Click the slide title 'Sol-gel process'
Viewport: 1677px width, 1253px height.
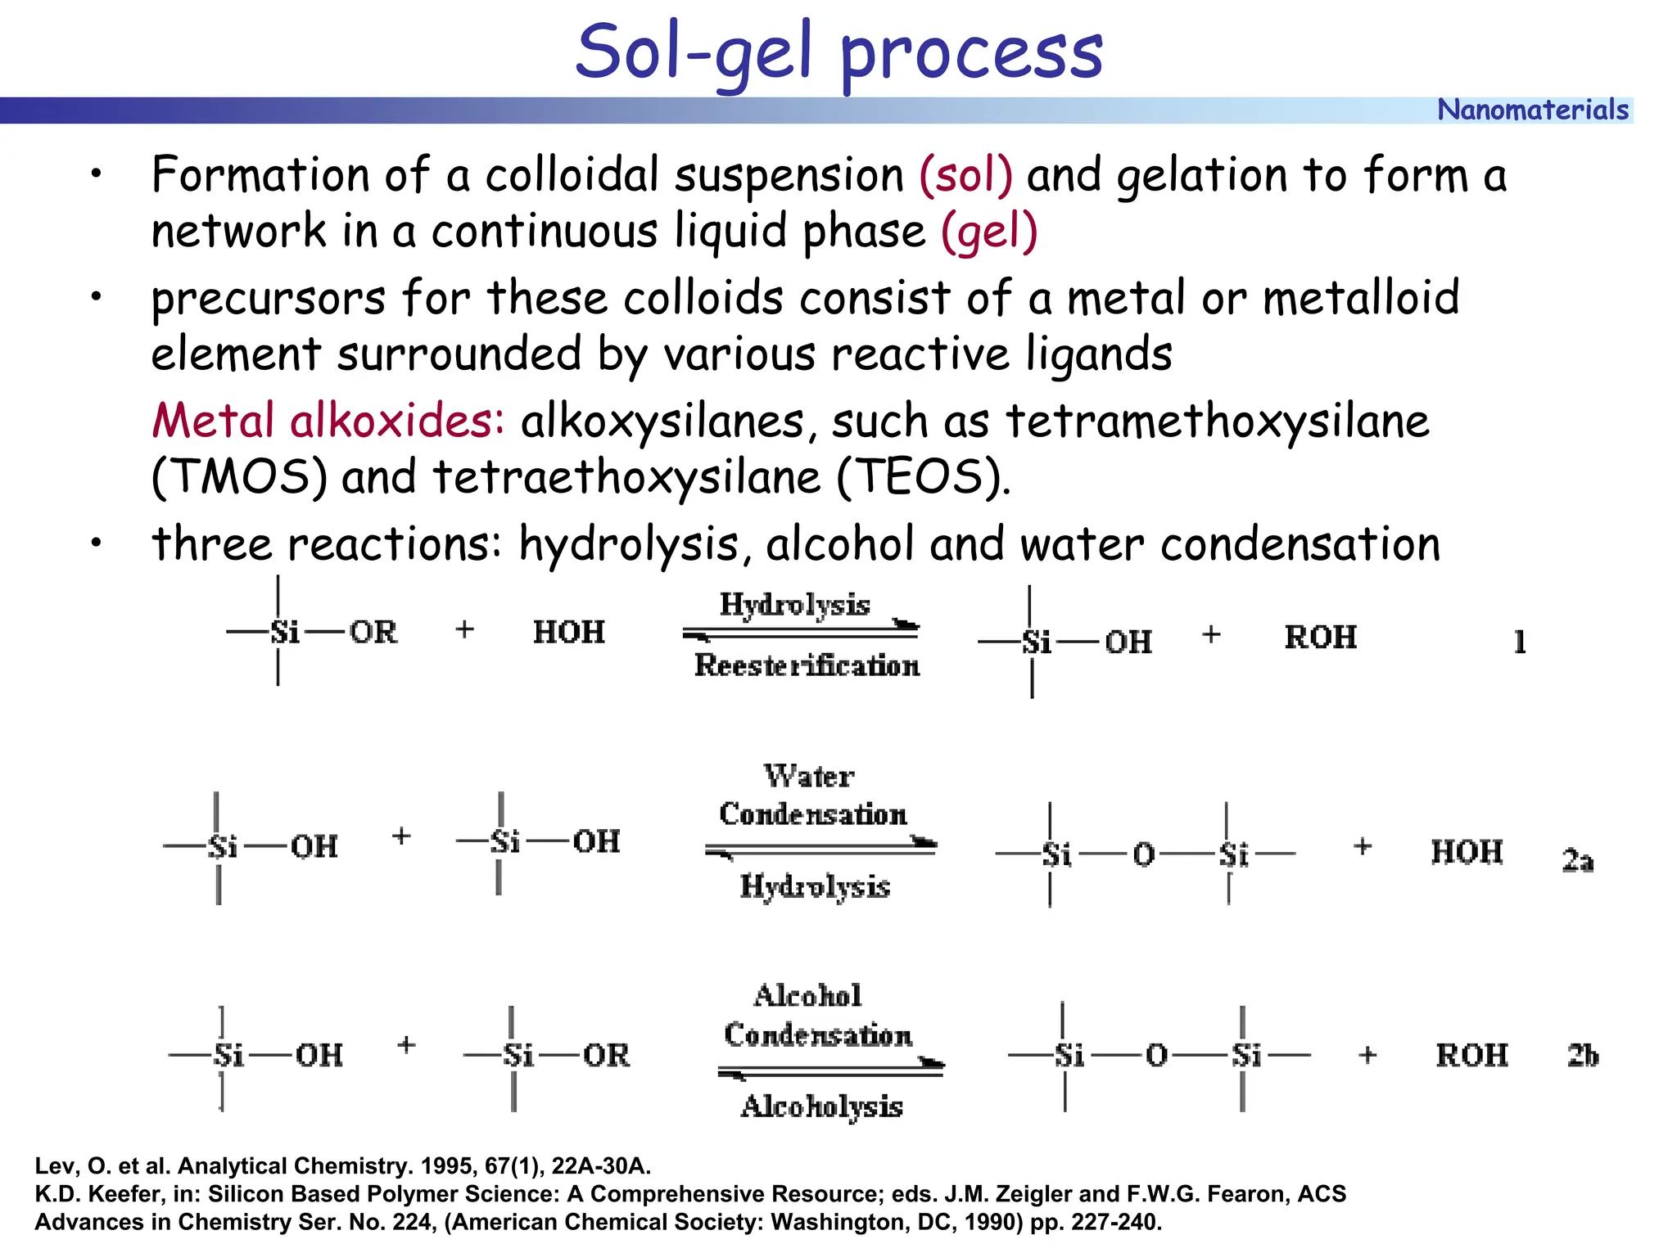tap(838, 52)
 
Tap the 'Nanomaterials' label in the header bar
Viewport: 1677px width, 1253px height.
tap(1532, 110)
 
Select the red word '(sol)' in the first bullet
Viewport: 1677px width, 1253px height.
tap(965, 175)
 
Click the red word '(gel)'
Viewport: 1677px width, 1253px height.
tap(989, 232)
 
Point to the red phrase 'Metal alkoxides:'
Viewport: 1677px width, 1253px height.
tap(328, 421)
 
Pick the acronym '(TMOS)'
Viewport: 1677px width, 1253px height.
tap(240, 477)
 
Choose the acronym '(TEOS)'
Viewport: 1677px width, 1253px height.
tap(923, 477)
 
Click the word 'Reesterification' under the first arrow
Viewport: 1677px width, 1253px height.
tap(807, 665)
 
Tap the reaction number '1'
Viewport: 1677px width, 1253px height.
tap(1520, 642)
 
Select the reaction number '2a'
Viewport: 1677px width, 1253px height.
tap(1577, 860)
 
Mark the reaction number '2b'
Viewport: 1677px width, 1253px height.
tap(1582, 1056)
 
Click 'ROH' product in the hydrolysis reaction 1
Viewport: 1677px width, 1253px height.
tap(1320, 637)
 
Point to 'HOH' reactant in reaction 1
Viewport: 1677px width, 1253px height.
tap(568, 632)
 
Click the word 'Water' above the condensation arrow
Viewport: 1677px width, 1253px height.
tap(809, 775)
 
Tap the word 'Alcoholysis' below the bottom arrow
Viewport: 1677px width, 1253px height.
tap(821, 1107)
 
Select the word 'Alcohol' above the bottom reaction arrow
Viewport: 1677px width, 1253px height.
tap(807, 995)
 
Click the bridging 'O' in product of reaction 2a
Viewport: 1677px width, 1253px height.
tap(1143, 855)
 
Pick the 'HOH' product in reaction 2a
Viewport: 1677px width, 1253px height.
tap(1466, 852)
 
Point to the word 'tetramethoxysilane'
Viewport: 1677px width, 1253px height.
tap(1217, 421)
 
